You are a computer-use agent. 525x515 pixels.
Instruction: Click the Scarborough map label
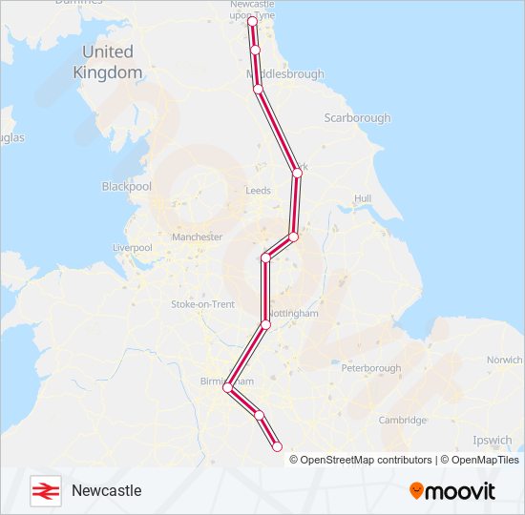(x=358, y=118)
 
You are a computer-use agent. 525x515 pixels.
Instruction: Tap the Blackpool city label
(x=127, y=187)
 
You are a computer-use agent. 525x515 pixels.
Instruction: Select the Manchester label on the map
(x=197, y=237)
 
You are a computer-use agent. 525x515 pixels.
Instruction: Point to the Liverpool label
(x=133, y=248)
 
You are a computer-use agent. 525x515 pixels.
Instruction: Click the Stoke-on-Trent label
(x=202, y=304)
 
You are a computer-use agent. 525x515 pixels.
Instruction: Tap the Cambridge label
(x=402, y=421)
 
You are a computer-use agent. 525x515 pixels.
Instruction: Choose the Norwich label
(x=504, y=360)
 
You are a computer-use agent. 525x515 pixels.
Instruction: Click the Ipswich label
(x=493, y=442)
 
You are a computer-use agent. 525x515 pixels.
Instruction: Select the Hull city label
(x=362, y=198)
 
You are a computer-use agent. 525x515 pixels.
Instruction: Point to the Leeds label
(x=259, y=191)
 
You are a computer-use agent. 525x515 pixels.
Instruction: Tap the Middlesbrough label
(x=285, y=74)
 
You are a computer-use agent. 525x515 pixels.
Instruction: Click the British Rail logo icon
(x=45, y=490)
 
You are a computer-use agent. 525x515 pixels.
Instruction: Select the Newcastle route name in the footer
(x=106, y=490)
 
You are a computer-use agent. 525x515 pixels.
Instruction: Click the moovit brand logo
(x=452, y=490)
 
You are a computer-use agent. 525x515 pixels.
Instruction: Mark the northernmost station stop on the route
(x=252, y=19)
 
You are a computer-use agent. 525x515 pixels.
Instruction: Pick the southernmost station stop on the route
(x=278, y=446)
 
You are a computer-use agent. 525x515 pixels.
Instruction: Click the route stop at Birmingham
(x=227, y=388)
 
